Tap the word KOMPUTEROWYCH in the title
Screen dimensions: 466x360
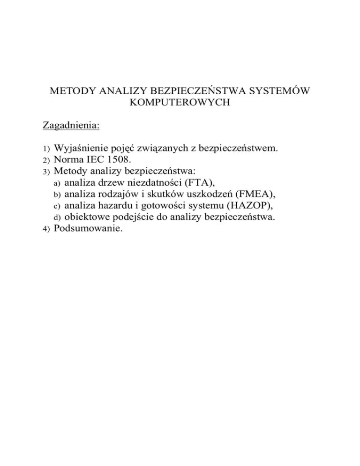(180, 103)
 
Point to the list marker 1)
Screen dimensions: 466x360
(46, 150)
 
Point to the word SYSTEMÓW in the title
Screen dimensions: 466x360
(278, 91)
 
